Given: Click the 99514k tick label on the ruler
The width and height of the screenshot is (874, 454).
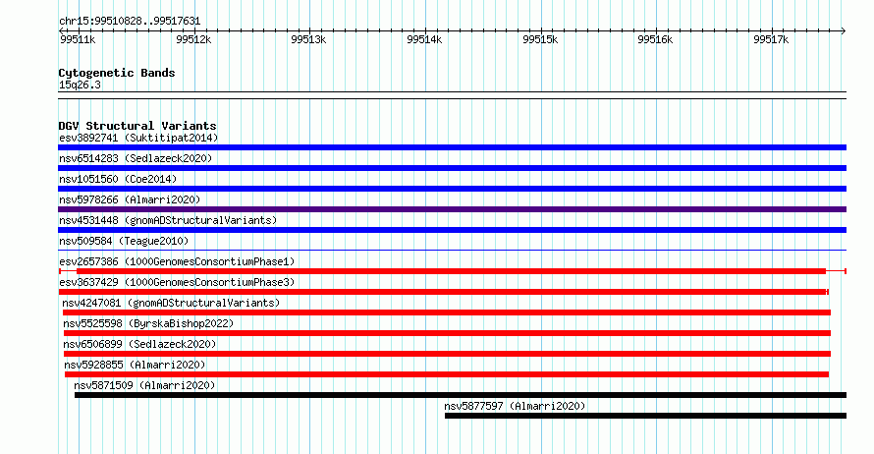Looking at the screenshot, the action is coord(424,39).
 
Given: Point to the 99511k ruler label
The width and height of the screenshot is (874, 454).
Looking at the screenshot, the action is coord(78,39).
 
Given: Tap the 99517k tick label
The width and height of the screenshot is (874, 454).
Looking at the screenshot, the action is coord(771,39).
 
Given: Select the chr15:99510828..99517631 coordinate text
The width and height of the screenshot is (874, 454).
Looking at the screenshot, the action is coord(130,22).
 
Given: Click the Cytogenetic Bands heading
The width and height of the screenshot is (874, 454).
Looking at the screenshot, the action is coord(117,73).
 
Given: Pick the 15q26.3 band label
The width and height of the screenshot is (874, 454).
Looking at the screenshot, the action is coord(80,85).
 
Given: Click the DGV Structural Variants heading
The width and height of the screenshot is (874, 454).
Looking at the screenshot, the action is coord(137,126).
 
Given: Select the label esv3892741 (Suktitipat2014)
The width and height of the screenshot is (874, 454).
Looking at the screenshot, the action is coord(138,138).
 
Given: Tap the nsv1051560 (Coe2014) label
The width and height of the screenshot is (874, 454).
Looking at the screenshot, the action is coord(118,179).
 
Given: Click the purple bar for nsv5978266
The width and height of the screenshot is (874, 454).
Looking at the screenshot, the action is coord(452,209).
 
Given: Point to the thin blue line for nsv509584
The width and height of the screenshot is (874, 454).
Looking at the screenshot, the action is coord(452,250).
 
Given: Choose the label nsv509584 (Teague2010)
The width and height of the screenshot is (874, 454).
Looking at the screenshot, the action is coord(124,241).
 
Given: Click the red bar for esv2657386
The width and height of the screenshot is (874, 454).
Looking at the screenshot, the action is coord(451,271).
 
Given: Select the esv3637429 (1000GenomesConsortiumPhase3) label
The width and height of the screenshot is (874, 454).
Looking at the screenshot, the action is coord(177,282).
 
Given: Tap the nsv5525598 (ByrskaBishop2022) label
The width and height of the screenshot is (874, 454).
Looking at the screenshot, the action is coord(148,323).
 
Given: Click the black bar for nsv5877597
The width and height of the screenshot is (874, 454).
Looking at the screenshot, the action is coord(645,416).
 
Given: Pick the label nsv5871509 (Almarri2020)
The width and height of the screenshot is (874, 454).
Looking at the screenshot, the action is coord(144,385).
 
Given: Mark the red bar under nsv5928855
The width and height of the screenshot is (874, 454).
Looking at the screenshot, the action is coord(447,374).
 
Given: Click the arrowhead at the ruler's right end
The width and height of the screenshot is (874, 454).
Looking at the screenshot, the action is coord(844,31).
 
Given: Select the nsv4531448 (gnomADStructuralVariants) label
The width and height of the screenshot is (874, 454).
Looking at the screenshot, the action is coord(168,220).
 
